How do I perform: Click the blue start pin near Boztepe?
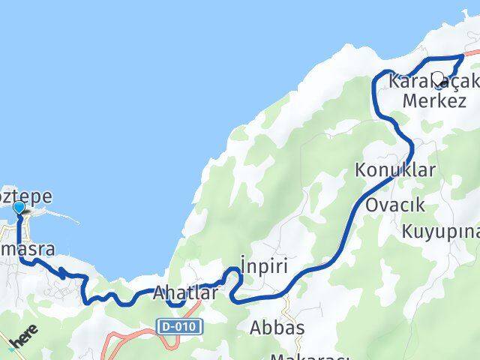19,207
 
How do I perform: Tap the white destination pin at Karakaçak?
437,78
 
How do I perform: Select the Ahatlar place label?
186,293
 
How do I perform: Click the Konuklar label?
396,170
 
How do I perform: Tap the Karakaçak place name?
433,80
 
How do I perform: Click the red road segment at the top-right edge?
472,53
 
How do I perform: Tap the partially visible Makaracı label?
300,355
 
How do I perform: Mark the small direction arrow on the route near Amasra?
63,275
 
